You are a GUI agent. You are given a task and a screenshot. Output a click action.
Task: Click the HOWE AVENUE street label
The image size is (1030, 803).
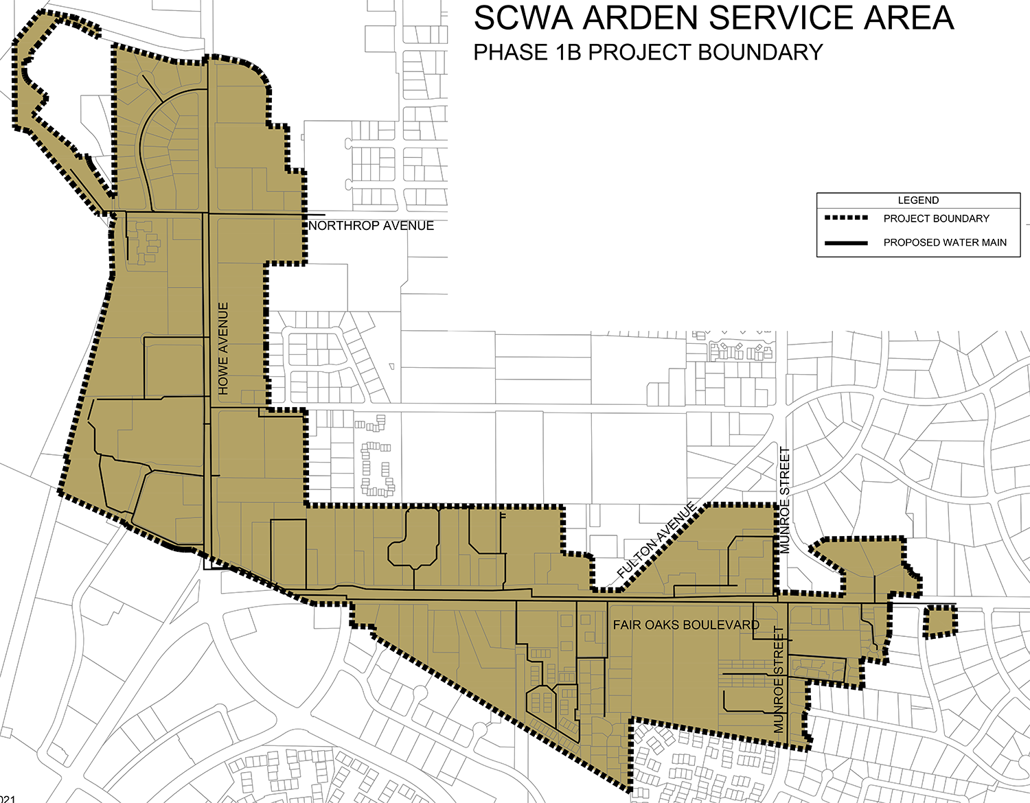pyautogui.click(x=223, y=349)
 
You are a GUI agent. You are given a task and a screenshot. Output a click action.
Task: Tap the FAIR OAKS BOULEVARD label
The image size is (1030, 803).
pyautogui.click(x=686, y=625)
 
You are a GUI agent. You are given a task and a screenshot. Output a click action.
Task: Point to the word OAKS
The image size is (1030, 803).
pyautogui.click(x=661, y=625)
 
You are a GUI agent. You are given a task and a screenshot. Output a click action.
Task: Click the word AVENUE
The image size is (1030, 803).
pyautogui.click(x=223, y=331)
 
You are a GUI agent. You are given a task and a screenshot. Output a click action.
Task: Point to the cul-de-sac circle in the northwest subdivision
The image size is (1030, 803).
pyautogui.click(x=144, y=78)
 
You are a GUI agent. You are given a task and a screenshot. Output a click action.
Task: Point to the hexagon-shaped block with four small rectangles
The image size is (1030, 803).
pyautogui.click(x=542, y=700)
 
